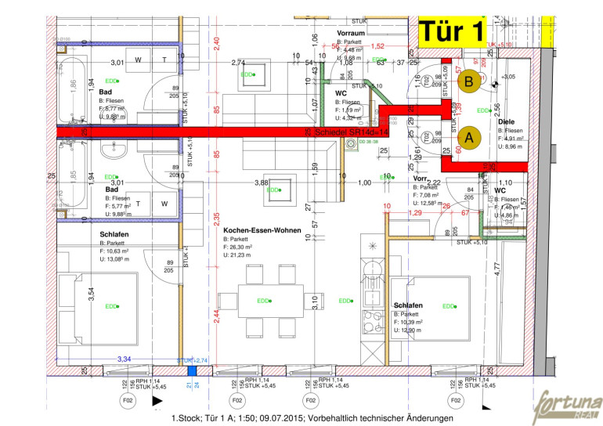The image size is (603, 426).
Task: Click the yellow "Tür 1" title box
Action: click(451, 31)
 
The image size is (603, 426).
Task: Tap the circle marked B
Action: click(469, 81)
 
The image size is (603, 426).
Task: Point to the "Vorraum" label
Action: click(352, 34)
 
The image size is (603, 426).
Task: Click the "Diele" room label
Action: click(506, 121)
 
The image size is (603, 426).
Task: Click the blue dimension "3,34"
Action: click(124, 358)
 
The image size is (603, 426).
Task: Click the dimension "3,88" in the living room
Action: click(262, 182)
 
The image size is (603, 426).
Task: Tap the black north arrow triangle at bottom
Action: click(157, 401)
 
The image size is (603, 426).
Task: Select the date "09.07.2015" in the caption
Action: click(272, 419)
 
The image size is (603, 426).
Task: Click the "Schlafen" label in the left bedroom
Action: click(114, 234)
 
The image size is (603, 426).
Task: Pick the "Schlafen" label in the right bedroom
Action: click(410, 305)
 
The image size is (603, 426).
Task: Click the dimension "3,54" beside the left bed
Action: click(91, 294)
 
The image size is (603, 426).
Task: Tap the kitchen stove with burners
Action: click(369, 319)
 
